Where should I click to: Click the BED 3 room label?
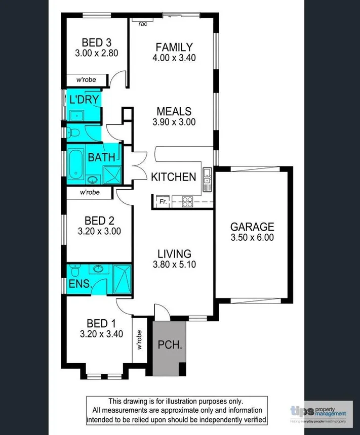(x=96, y=42)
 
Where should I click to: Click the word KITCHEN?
(x=173, y=177)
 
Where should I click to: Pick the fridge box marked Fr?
(x=163, y=201)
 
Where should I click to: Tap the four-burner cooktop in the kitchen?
(x=187, y=201)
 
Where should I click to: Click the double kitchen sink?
(x=207, y=178)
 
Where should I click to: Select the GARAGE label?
(x=252, y=227)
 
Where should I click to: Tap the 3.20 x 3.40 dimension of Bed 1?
(x=101, y=334)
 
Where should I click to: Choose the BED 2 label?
(x=99, y=221)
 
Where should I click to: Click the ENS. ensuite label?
(x=81, y=284)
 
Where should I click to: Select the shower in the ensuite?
(x=121, y=278)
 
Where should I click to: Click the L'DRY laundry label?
(x=84, y=99)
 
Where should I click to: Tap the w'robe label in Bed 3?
(x=87, y=80)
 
